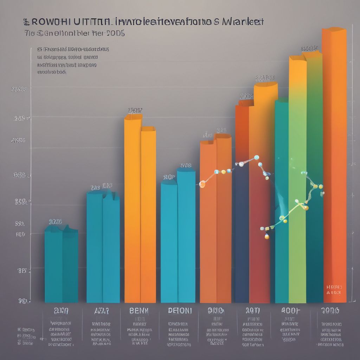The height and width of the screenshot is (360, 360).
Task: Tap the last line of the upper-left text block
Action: tap(52, 72)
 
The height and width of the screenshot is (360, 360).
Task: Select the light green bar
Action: tap(297, 176)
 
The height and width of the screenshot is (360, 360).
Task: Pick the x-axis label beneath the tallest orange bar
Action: tap(330, 310)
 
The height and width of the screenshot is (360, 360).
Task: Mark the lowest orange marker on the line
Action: tap(267, 237)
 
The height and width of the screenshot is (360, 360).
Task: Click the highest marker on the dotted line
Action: tap(256, 157)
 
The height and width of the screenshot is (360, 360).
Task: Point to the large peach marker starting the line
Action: tap(202, 184)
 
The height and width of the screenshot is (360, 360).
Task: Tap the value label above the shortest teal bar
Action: tap(55, 222)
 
